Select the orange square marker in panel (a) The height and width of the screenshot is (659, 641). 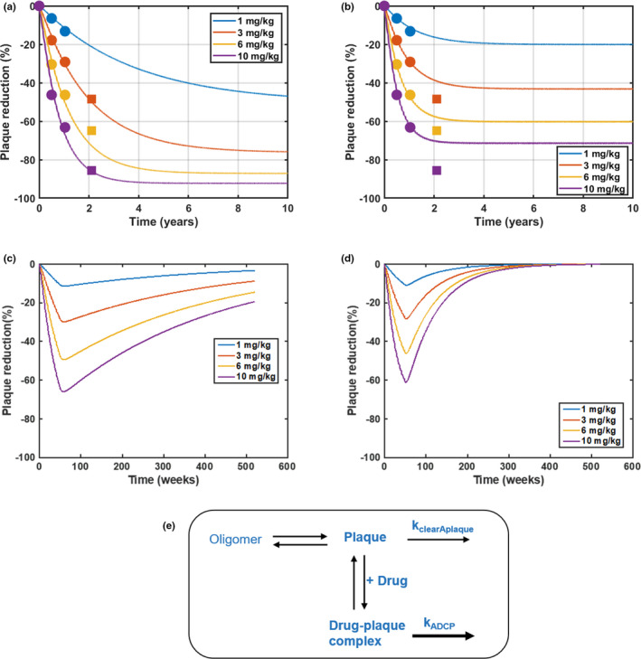click(91, 99)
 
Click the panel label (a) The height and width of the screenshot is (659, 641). click(12, 7)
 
